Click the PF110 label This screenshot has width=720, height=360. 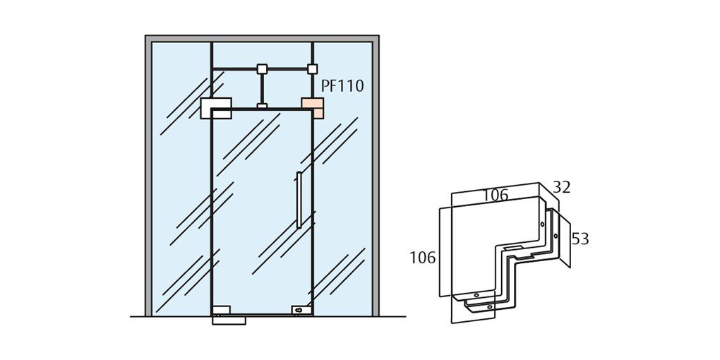coord(342,86)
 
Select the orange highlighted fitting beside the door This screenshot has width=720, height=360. coord(312,108)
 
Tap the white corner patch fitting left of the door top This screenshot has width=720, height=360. coord(215,108)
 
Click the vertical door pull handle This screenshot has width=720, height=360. coord(299,200)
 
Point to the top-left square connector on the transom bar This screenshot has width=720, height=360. coord(262,69)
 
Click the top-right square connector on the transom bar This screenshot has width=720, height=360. coord(312,69)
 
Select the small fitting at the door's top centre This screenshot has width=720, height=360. coord(262,107)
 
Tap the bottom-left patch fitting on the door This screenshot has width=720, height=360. coord(222,309)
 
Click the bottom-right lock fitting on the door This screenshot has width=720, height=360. coord(301,309)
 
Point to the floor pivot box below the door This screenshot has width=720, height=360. coord(229,320)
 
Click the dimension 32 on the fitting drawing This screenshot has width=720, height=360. coord(561,188)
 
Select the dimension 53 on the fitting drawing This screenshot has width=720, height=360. coord(580,239)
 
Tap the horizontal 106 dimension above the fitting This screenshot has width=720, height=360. coord(495,196)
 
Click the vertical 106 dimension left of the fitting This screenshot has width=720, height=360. coord(422,258)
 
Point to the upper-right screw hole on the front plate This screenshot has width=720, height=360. coord(542,224)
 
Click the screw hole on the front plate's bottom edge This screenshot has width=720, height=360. coord(476,295)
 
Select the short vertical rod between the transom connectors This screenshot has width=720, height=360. coord(262,88)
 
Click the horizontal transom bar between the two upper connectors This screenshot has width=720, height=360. coord(287,69)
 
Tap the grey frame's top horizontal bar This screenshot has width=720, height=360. coord(262,38)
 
